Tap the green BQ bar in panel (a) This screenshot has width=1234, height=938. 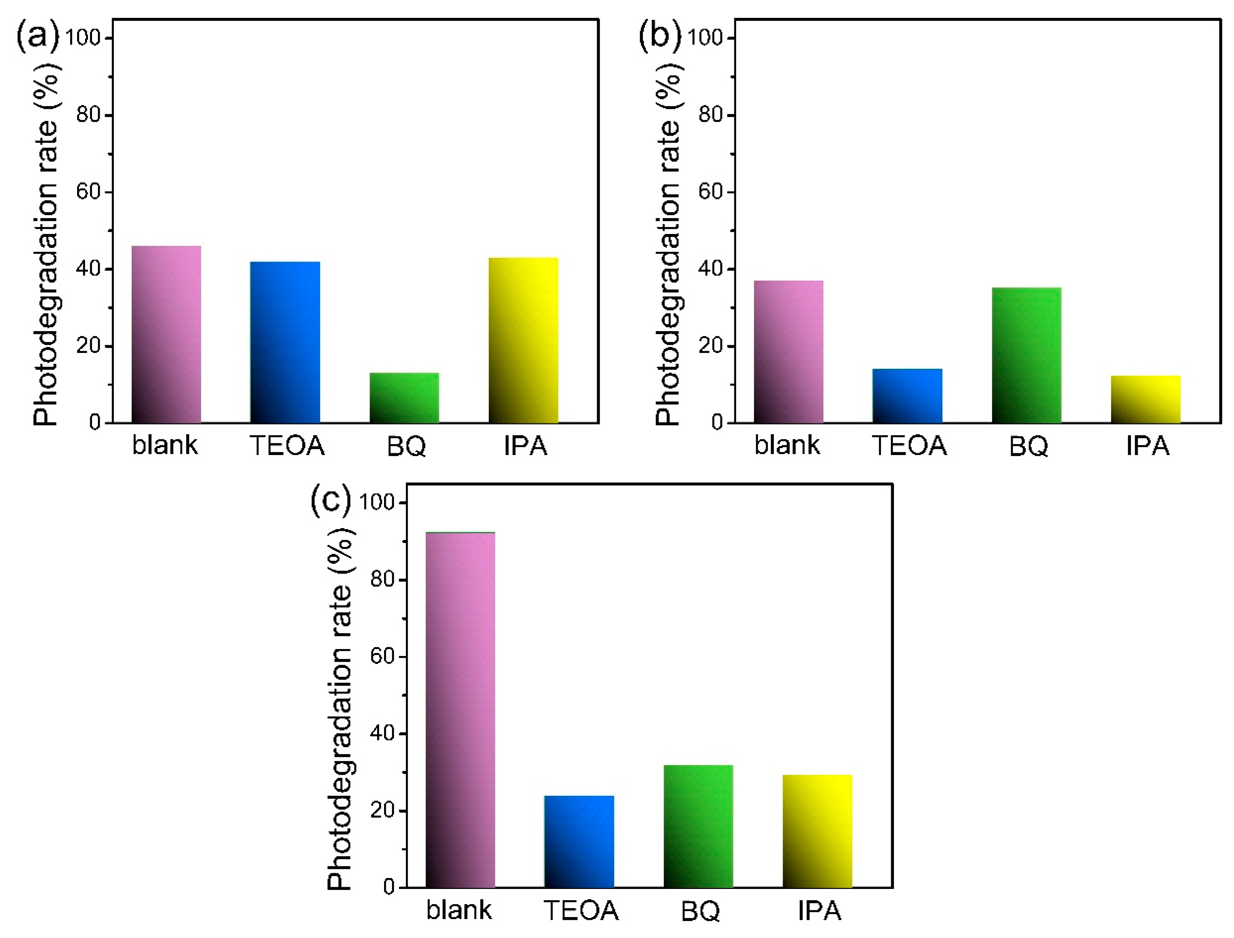point(404,398)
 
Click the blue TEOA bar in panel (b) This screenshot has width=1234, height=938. point(907,395)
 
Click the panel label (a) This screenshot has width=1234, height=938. point(37,37)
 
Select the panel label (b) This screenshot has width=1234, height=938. point(659,37)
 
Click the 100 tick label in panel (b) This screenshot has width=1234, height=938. point(705,38)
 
